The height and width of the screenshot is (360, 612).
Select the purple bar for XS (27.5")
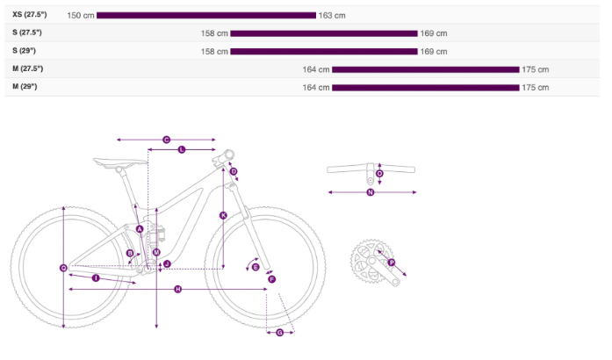point(205,15)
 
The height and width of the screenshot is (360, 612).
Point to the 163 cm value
point(332,16)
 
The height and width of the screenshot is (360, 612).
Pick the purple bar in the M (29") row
point(425,88)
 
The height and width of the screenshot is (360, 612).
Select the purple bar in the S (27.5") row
point(323,33)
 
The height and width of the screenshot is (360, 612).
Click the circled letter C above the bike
point(166,140)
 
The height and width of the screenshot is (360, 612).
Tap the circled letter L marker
point(182,150)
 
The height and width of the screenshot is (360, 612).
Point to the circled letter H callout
point(177,289)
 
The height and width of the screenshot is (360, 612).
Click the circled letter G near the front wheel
point(279,332)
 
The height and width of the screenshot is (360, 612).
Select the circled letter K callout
point(223,215)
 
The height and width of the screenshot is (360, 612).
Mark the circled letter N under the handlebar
point(371,192)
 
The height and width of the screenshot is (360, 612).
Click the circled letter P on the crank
point(392,263)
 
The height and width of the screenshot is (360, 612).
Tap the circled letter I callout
point(95,278)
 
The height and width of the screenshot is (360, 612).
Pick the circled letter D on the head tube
point(234,172)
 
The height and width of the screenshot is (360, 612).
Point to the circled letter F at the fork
point(271,278)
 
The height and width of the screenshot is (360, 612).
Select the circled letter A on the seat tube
point(140,229)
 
